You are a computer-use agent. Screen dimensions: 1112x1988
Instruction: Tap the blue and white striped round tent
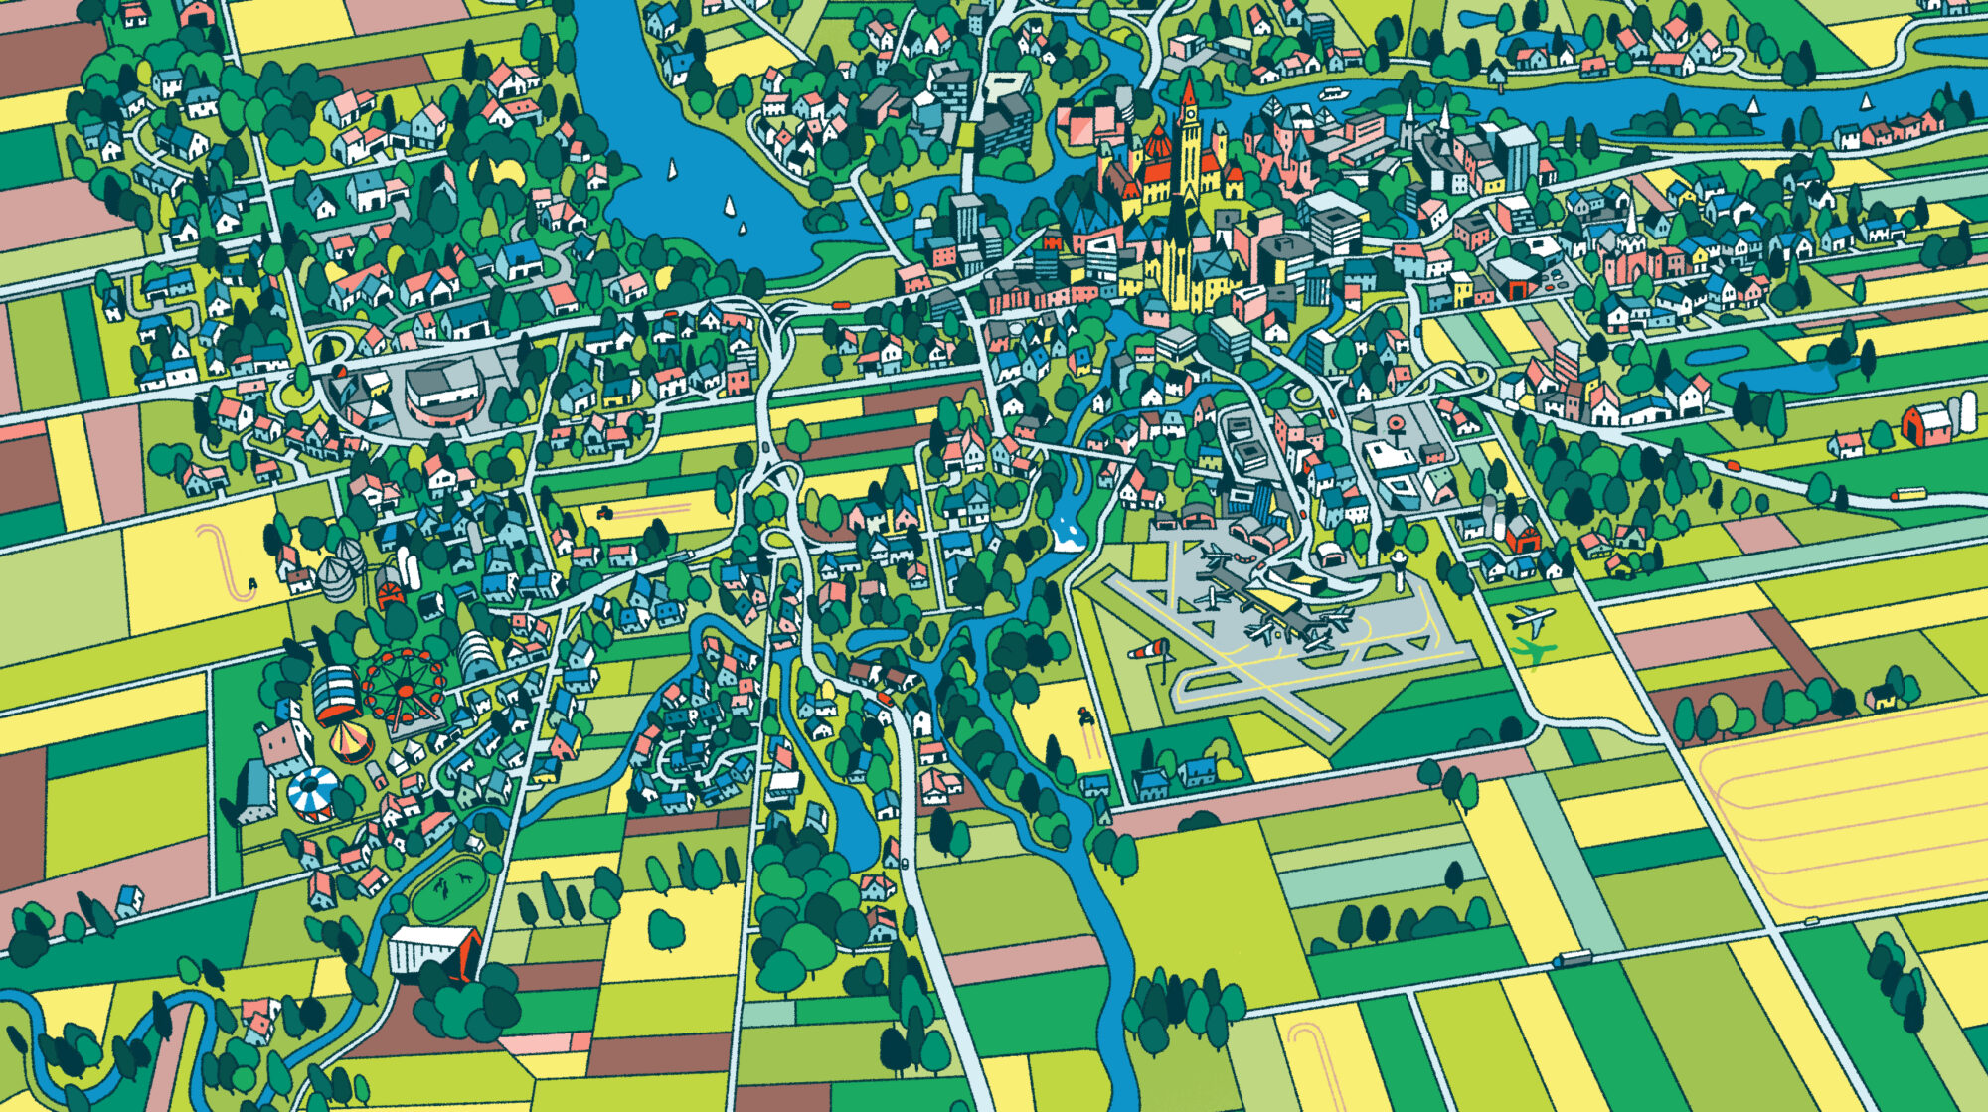pyautogui.click(x=312, y=792)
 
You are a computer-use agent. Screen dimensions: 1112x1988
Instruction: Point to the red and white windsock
pyautogui.click(x=1149, y=650)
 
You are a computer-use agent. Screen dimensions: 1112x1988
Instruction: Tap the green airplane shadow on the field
pyautogui.click(x=1535, y=651)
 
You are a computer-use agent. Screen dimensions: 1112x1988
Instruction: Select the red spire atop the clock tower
pyautogui.click(x=1188, y=91)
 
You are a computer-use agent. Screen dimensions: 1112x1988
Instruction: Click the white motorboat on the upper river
pyautogui.click(x=1332, y=94)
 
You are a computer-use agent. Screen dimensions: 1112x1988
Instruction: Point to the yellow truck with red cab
pyautogui.click(x=1908, y=493)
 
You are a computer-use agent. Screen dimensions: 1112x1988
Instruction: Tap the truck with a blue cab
pyautogui.click(x=1573, y=959)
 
